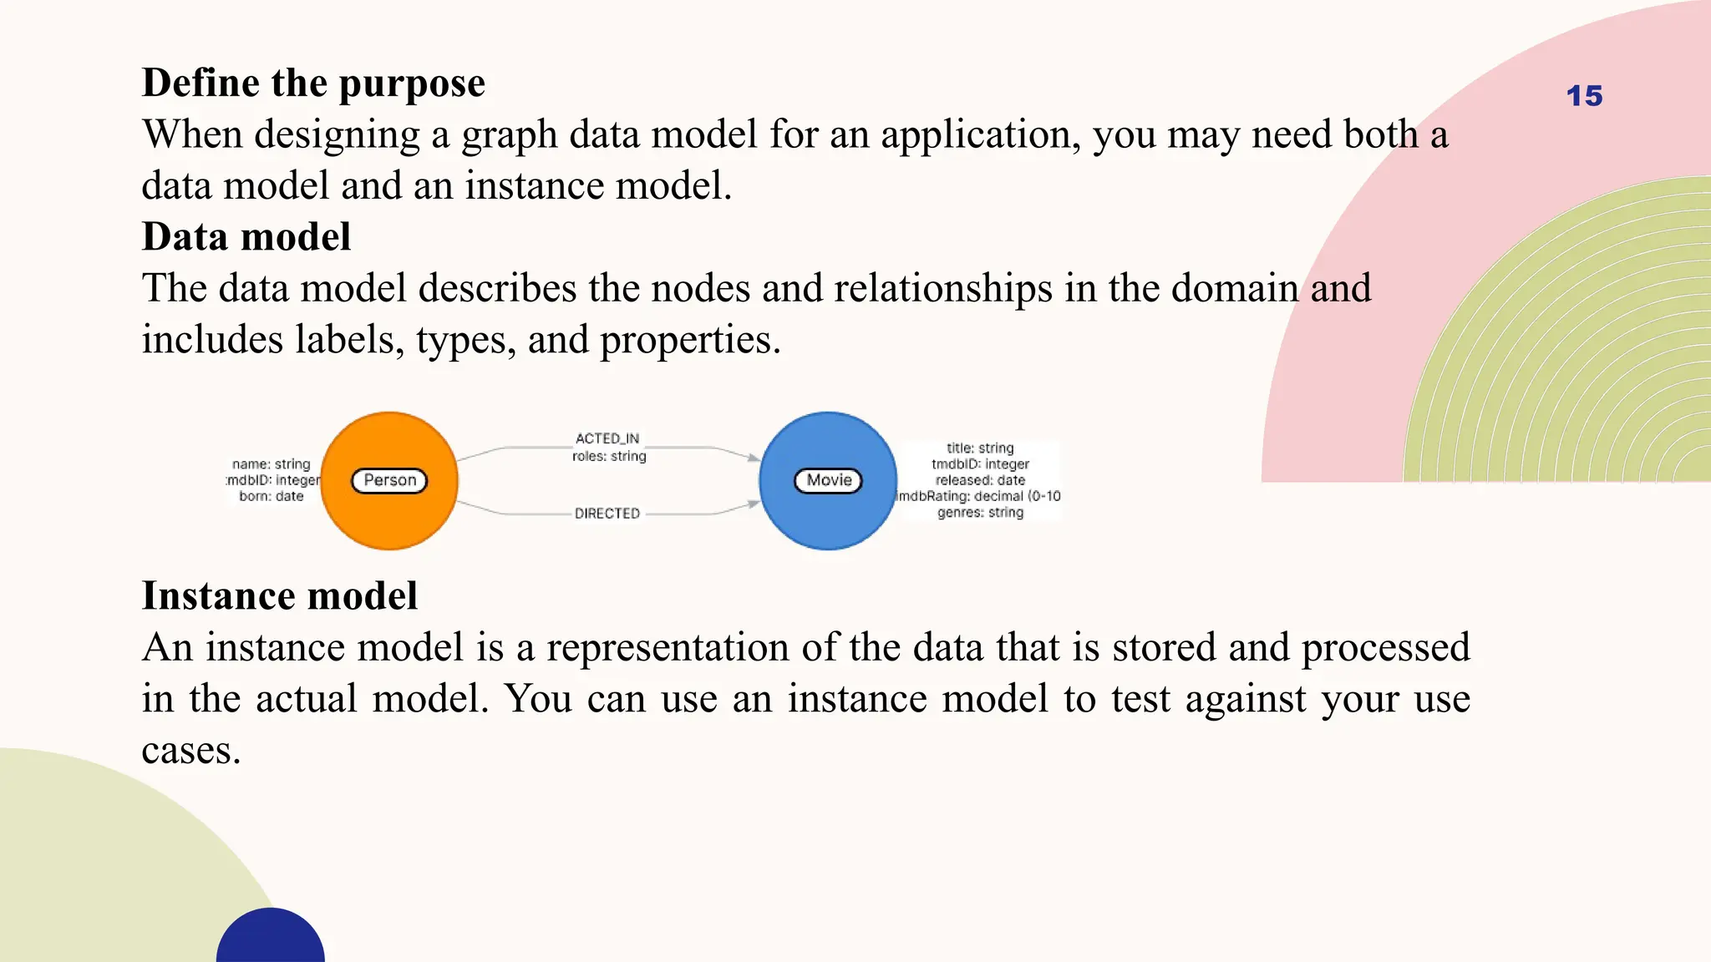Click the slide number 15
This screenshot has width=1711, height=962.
(x=1584, y=96)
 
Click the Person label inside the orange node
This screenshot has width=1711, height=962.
(x=389, y=480)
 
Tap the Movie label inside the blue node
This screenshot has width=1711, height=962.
(x=828, y=480)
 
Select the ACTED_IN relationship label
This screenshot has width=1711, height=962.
(x=607, y=438)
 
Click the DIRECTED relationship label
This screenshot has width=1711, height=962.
(x=607, y=514)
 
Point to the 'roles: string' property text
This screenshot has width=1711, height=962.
(x=609, y=456)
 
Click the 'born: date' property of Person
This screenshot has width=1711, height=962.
(x=272, y=496)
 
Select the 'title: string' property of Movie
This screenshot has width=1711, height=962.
(x=980, y=448)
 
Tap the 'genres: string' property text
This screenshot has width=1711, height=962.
(x=980, y=512)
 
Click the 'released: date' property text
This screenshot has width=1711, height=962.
(x=980, y=480)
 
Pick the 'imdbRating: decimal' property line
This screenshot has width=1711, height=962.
(x=978, y=496)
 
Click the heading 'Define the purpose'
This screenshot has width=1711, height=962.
(x=313, y=83)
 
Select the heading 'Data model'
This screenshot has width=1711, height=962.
(x=246, y=237)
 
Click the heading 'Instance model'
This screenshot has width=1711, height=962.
(x=280, y=596)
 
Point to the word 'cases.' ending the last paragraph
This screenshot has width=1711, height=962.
(x=191, y=750)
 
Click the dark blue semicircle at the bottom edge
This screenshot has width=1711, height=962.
(x=271, y=939)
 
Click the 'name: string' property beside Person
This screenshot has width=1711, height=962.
(x=272, y=464)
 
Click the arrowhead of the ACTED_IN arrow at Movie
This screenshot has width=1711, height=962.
(x=754, y=458)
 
